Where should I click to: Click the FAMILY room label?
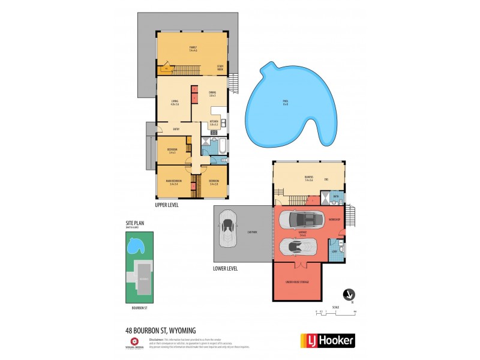coord(193,48)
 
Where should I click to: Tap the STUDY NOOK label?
coord(220,69)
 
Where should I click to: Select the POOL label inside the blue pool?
coord(286,102)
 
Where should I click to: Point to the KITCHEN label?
coord(214,121)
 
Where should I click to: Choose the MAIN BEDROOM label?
coord(174,182)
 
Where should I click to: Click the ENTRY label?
coord(176,129)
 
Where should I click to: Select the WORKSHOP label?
coord(334,220)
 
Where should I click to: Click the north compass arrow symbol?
coord(347,294)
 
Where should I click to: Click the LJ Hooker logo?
coord(327,340)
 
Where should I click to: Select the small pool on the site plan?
coord(135,245)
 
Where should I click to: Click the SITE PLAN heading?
coord(134,223)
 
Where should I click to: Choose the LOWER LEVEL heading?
coord(226,268)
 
